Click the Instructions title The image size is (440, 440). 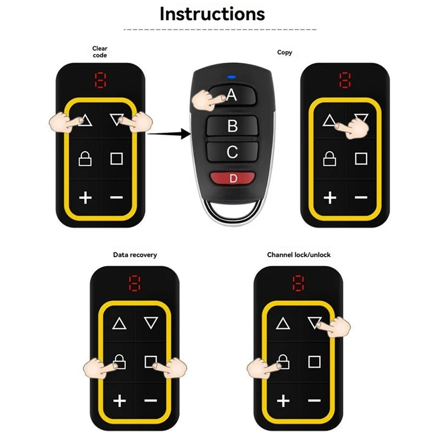coord(212,13)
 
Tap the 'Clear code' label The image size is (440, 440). coord(100,52)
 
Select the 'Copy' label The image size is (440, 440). coord(284,52)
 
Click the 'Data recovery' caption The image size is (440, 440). coord(135,255)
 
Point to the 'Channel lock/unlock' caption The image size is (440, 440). coord(299,255)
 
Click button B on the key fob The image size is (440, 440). coord(232,127)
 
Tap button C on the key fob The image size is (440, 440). coord(232,152)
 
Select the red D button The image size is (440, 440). coord(232,178)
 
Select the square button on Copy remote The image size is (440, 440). coord(361,159)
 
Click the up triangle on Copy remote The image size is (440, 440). coord(329,120)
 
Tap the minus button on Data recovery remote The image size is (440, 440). coord(151,400)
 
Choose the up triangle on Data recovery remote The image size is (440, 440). coord(119,323)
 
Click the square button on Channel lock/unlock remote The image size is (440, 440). coord(314,362)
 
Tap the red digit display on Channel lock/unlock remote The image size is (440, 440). coord(298,284)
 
